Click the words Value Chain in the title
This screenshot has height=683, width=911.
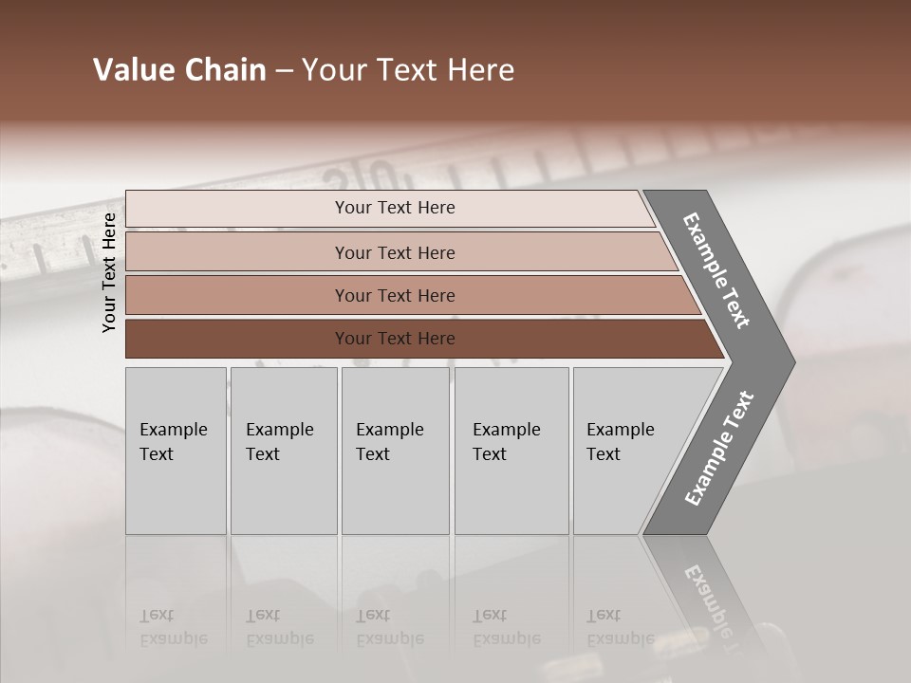(x=179, y=70)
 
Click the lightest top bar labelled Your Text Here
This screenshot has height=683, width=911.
(x=394, y=208)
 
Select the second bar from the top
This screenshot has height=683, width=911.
(x=394, y=252)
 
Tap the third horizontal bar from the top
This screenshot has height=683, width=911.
(x=394, y=295)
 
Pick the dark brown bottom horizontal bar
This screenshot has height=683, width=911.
(x=394, y=339)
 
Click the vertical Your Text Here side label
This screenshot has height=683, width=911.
(x=109, y=272)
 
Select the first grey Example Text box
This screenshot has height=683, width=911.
(x=176, y=451)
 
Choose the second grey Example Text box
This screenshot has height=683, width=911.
(x=283, y=451)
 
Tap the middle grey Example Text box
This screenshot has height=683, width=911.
(x=395, y=451)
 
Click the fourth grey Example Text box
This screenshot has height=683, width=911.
(x=511, y=451)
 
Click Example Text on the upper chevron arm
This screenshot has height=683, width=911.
(x=717, y=271)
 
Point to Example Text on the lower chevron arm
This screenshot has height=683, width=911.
(x=719, y=448)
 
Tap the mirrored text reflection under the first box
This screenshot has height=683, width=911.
(x=173, y=627)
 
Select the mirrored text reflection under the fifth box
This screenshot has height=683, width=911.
(x=620, y=627)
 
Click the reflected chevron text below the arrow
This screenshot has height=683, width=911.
(x=714, y=607)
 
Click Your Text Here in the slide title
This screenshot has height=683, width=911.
(x=408, y=70)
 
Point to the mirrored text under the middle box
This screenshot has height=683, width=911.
(x=389, y=627)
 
